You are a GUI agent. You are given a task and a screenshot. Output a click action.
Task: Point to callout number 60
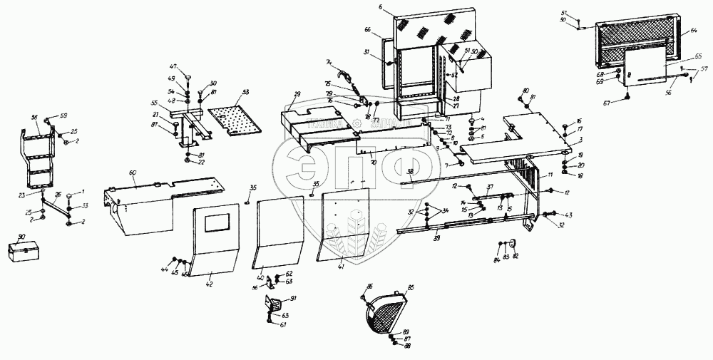(133, 173)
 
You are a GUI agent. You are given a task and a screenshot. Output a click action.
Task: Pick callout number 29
(297, 95)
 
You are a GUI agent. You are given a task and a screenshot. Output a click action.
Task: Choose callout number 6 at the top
(381, 7)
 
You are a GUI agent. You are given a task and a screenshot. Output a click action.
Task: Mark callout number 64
(694, 31)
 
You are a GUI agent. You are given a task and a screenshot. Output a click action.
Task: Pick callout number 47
(172, 66)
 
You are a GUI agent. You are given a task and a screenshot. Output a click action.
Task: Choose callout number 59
(63, 116)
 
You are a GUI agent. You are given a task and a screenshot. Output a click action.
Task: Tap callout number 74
(329, 62)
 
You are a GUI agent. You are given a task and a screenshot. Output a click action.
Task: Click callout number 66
(367, 30)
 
